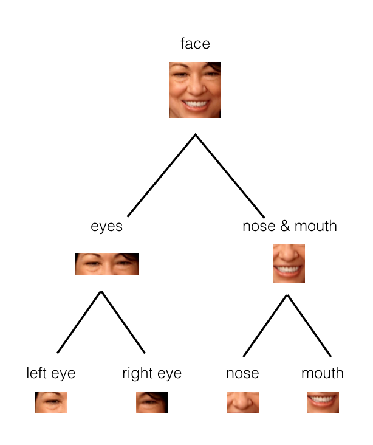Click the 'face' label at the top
coord(195,44)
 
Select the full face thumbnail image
coord(195,90)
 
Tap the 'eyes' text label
coord(107,227)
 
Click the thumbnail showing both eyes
coord(107,264)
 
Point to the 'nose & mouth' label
coord(290,226)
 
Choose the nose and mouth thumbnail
coord(289,264)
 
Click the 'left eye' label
coord(51,373)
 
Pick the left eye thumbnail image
coord(51,402)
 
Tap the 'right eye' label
coord(152,373)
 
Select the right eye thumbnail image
coord(152,402)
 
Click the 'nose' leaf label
coord(242,373)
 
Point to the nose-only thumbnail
coord(242,402)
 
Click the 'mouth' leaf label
coord(323,373)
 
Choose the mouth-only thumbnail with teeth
coord(323,402)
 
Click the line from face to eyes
coord(162,175)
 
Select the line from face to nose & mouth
coord(230,176)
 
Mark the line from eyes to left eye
coord(79,322)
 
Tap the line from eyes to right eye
coord(123,322)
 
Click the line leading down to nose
coord(265,326)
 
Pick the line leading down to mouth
coord(309,326)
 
